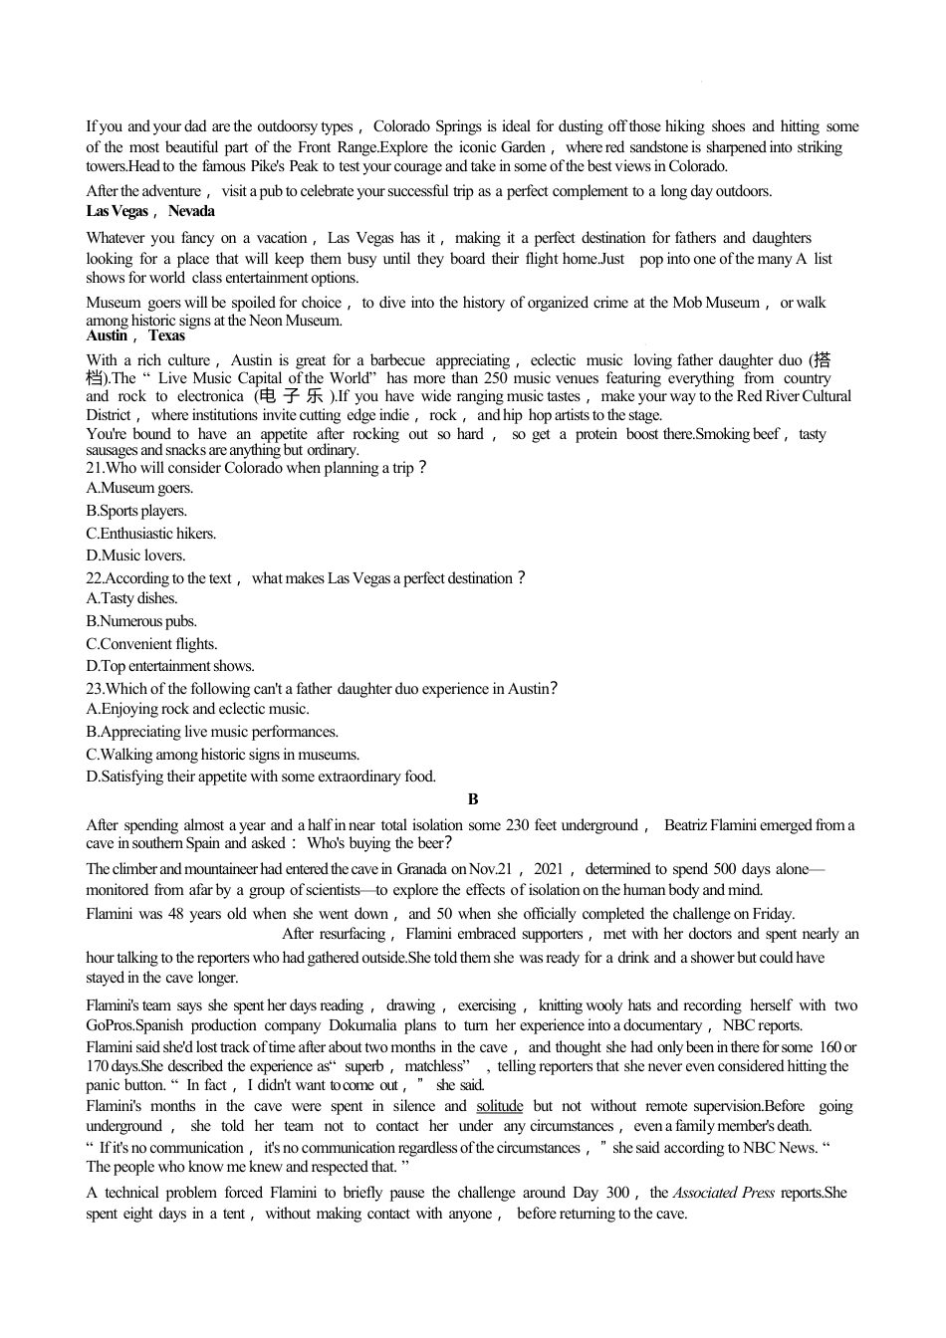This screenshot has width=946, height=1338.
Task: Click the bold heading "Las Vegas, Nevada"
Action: tap(149, 211)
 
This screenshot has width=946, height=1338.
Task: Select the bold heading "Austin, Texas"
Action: tap(135, 335)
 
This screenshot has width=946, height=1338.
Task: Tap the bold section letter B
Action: tap(473, 799)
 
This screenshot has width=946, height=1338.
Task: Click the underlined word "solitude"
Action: tap(499, 1106)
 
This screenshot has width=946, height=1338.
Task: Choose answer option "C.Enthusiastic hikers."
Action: tap(150, 534)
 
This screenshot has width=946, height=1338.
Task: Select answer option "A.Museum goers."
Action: tap(139, 488)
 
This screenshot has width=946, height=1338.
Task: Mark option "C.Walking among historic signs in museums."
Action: tap(223, 755)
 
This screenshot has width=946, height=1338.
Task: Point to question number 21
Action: tap(95, 468)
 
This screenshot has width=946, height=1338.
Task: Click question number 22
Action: tap(95, 578)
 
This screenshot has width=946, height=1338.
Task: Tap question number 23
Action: tap(95, 689)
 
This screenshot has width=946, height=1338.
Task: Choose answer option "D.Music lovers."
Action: tap(135, 556)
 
